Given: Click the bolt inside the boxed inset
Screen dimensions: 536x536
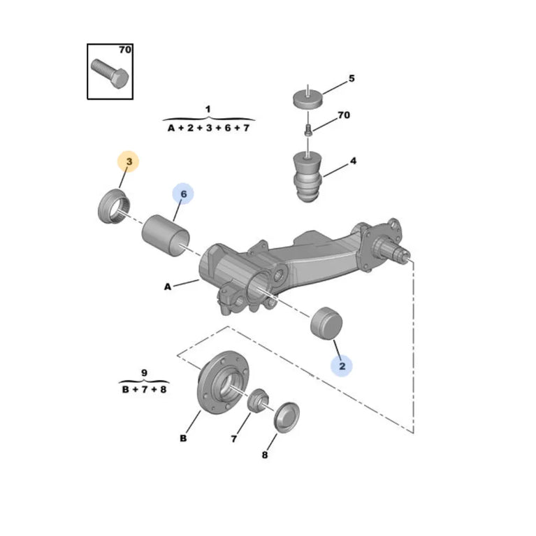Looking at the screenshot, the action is tap(110, 73).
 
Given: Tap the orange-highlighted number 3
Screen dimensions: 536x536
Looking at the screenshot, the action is tap(129, 161).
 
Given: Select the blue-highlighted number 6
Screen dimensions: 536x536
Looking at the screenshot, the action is tap(184, 194).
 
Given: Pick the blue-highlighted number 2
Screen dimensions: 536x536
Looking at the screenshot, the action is tap(342, 366).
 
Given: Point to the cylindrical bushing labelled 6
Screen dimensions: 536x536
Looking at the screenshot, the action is tap(166, 236).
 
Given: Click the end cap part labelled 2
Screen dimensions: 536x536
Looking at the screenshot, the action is tap(326, 323).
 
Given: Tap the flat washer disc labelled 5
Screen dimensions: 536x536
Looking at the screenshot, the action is tap(308, 99).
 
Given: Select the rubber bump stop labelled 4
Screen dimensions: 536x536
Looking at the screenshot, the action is tap(307, 177).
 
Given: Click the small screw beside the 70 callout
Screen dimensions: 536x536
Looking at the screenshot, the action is tap(308, 130).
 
